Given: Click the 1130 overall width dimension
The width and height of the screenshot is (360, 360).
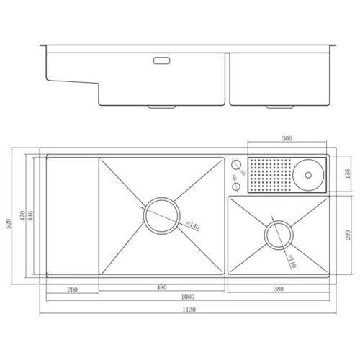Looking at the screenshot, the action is [x=189, y=310].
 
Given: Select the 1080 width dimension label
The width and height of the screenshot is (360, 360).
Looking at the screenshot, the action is [x=188, y=297].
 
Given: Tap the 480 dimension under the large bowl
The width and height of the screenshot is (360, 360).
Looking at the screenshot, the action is [x=162, y=287].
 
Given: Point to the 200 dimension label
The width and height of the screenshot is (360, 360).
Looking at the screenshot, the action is [x=72, y=289].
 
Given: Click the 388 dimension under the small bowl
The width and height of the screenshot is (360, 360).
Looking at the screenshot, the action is [x=279, y=289].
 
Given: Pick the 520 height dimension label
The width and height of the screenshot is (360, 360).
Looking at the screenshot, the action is [x=9, y=223].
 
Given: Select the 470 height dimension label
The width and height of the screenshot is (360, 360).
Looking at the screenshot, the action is [x=22, y=215].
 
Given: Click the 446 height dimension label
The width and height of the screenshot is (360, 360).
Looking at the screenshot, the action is [x=30, y=215].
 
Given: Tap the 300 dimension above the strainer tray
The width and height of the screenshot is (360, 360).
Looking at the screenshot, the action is [x=287, y=138].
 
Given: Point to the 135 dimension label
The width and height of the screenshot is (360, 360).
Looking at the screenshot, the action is [x=347, y=174].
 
